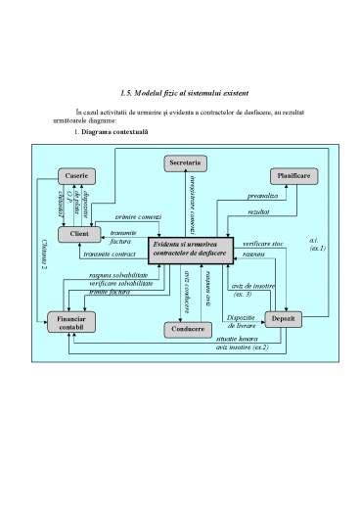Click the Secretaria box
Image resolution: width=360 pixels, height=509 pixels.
[185, 161]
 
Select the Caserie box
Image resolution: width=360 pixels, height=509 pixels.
[76, 175]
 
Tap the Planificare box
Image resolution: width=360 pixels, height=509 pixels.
[292, 174]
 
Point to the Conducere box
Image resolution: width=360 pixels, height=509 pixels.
[184, 330]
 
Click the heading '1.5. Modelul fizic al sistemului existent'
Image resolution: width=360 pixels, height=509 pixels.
[179, 92]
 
